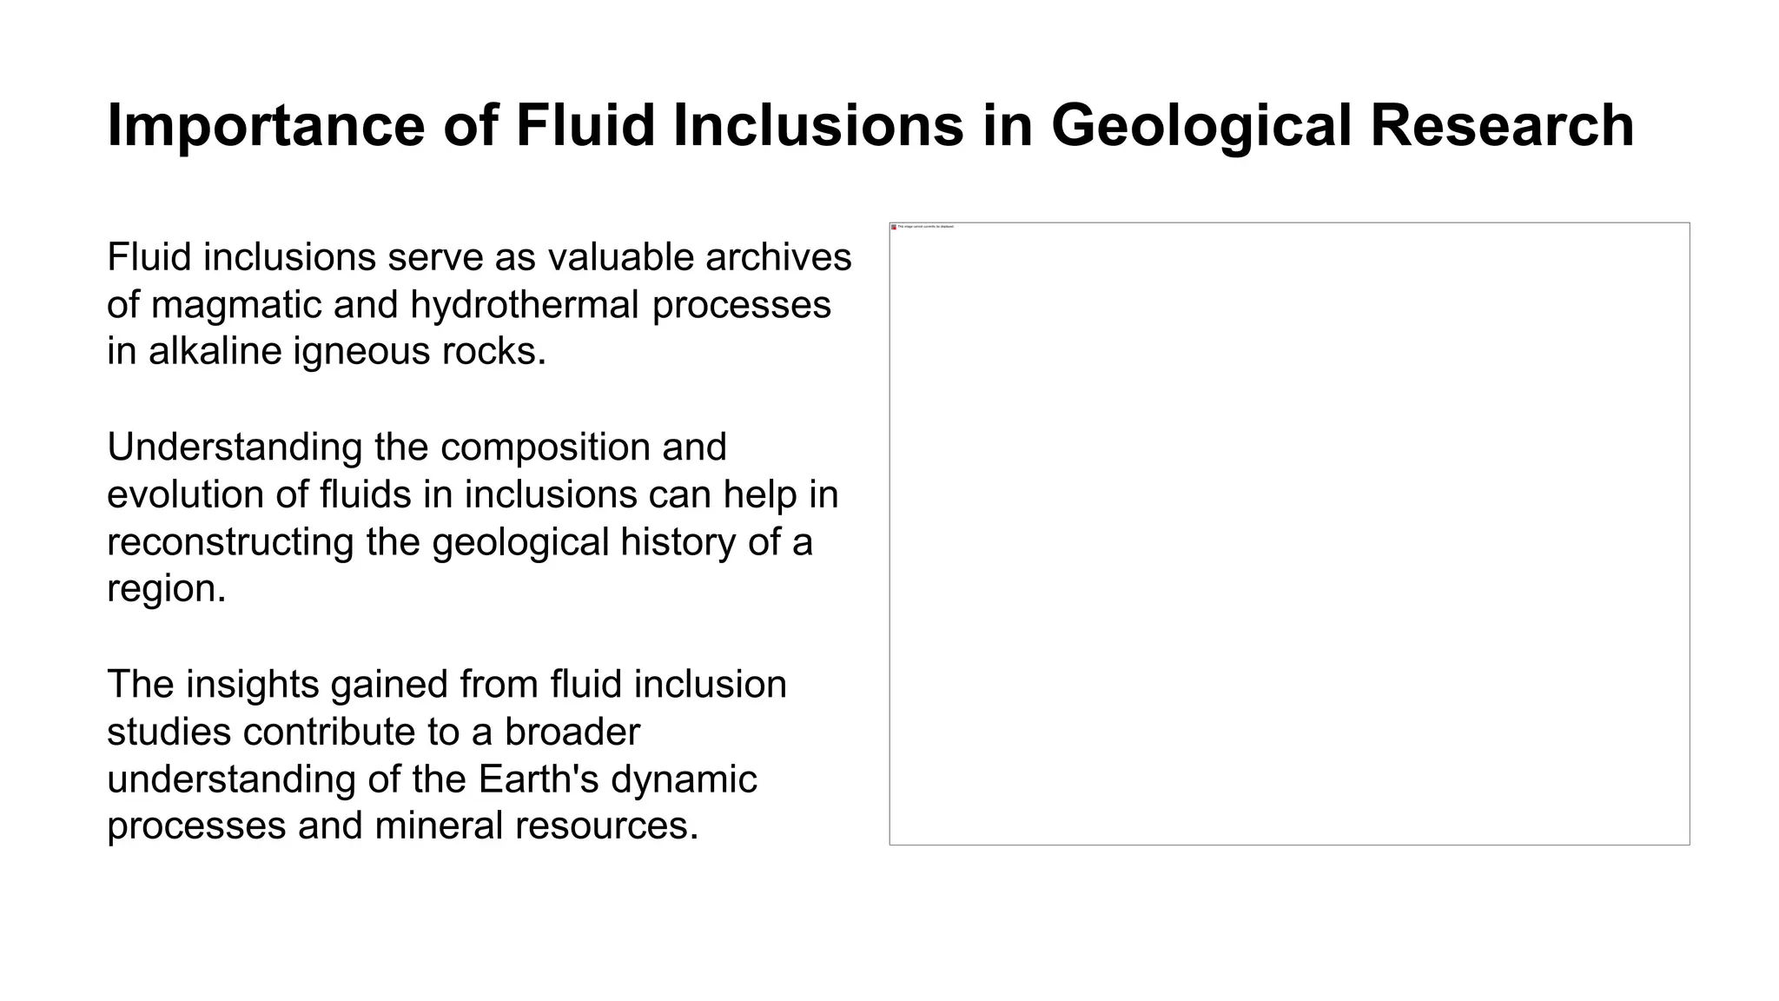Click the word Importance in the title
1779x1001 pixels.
(266, 126)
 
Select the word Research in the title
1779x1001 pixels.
(1502, 126)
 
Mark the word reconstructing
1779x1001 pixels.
(230, 542)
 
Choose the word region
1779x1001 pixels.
(166, 589)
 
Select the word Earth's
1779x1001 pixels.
(539, 779)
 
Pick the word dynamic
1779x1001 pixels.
(684, 779)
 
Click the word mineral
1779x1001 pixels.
(439, 825)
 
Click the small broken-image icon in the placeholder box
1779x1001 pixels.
(894, 227)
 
